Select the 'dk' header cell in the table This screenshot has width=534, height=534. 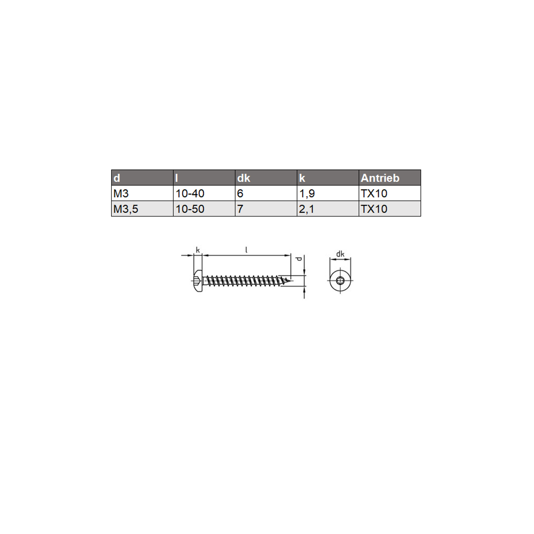[266, 178]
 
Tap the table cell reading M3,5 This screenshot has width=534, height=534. [142, 209]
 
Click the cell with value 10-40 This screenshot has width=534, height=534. [204, 193]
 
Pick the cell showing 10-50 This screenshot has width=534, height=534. [204, 209]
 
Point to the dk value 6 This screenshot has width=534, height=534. [266, 193]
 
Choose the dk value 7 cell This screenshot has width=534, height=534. [266, 209]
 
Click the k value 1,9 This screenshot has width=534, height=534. [328, 193]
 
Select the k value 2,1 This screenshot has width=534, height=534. [328, 209]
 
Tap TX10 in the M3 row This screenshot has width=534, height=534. [389, 193]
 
